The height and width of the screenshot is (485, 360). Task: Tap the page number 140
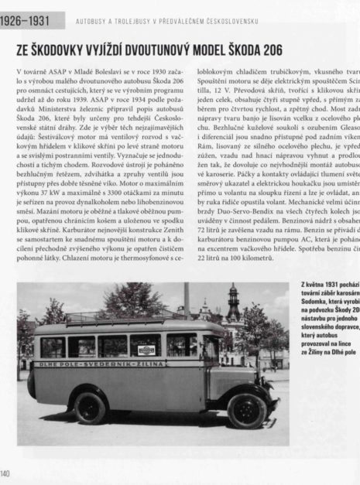tap(6, 473)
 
